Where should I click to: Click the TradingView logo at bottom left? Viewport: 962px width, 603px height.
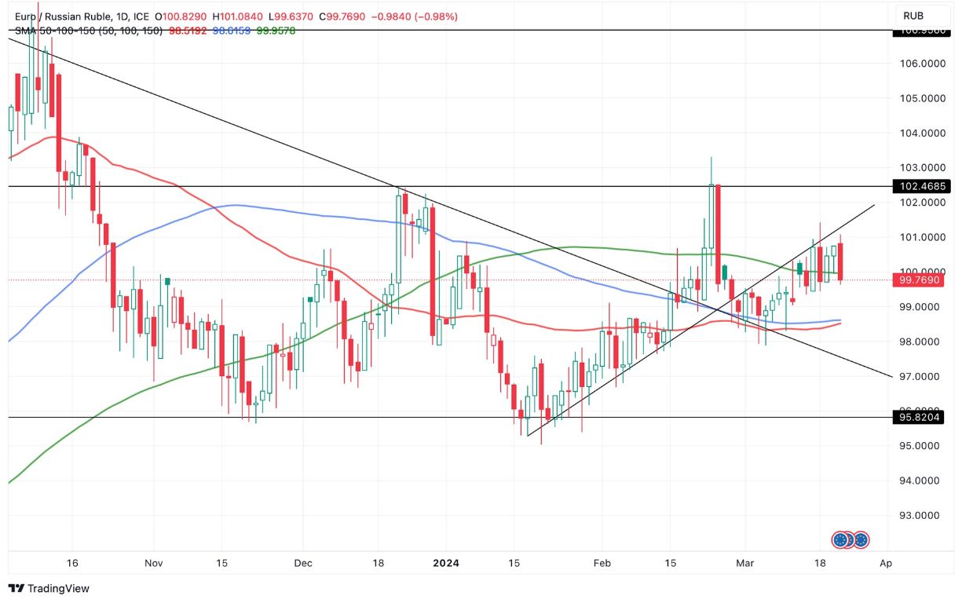(x=49, y=588)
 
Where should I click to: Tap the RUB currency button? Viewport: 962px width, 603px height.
(x=913, y=16)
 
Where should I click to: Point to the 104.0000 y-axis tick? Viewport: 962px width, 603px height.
(x=920, y=133)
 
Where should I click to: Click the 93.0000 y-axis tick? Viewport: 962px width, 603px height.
(x=920, y=515)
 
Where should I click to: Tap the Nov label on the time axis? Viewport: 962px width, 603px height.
(x=154, y=563)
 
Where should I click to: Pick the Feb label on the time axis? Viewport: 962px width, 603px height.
(x=602, y=563)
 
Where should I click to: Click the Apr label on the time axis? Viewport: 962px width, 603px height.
(x=886, y=563)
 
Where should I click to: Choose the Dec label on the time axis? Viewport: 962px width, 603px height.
(x=303, y=563)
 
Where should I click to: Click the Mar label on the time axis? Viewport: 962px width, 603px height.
(x=744, y=563)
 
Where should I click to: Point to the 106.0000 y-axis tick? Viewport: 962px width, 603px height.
(x=920, y=64)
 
